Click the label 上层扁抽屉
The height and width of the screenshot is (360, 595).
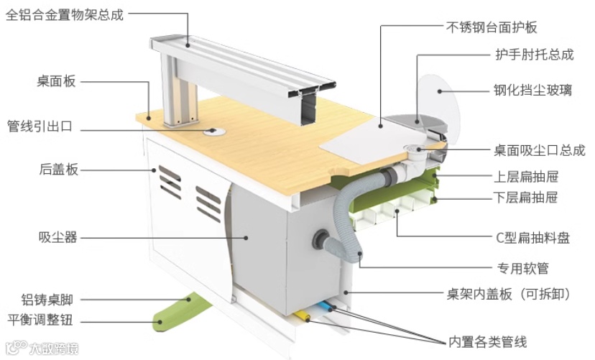point(527,177)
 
